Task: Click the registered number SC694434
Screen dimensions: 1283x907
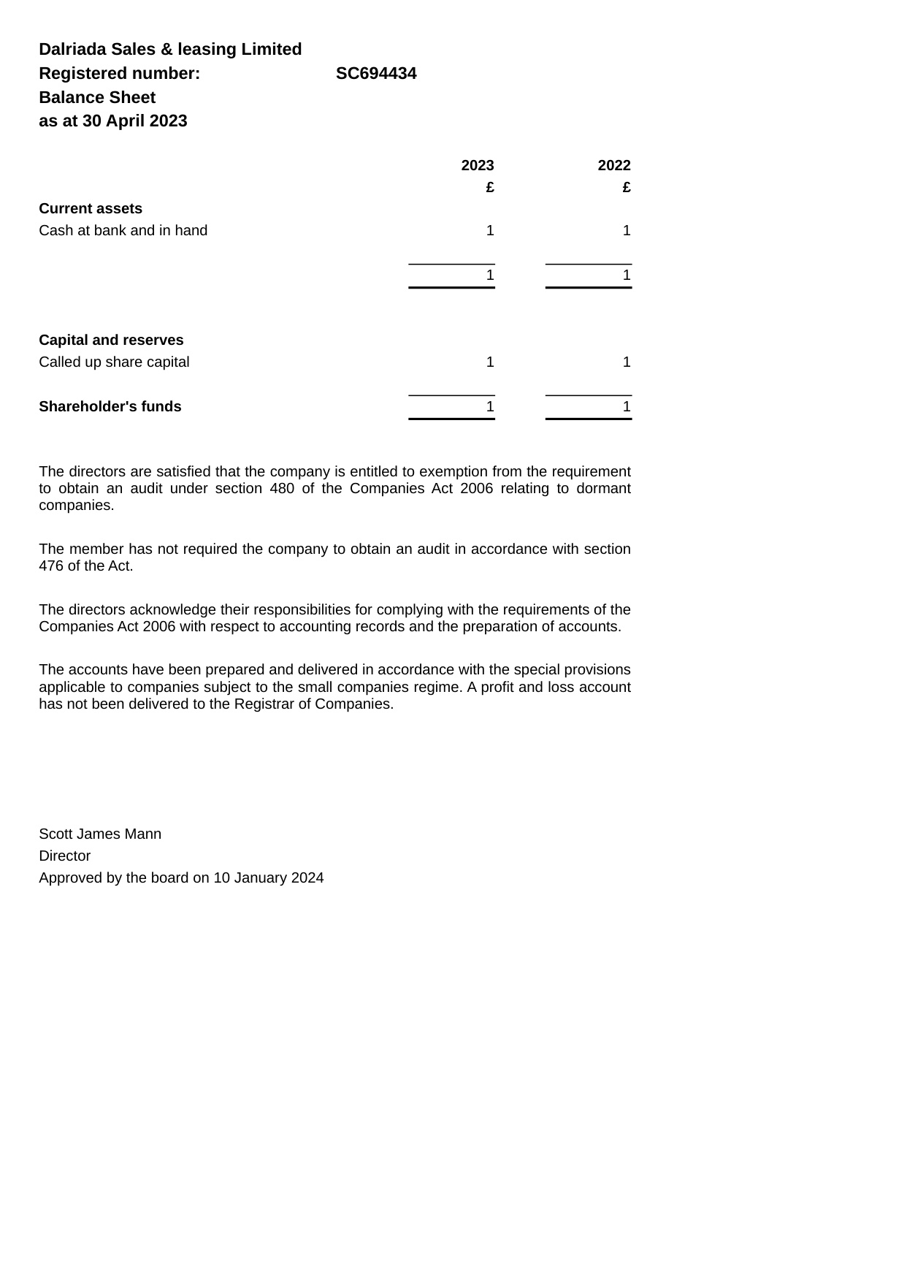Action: pyautogui.click(x=376, y=74)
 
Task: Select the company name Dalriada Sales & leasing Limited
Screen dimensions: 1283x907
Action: pyautogui.click(x=170, y=50)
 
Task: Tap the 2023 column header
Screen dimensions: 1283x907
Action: pyautogui.click(x=478, y=166)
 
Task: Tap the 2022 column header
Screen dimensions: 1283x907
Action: pyautogui.click(x=614, y=166)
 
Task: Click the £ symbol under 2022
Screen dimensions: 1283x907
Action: pyautogui.click(x=627, y=188)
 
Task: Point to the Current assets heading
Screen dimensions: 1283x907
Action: pyautogui.click(x=91, y=209)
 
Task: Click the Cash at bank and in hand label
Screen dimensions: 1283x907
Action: pyautogui.click(x=123, y=231)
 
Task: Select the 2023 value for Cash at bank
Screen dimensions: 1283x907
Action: pyautogui.click(x=490, y=231)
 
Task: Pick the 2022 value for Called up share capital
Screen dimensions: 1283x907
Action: pyautogui.click(x=627, y=362)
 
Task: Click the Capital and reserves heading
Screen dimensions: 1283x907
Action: pyautogui.click(x=111, y=340)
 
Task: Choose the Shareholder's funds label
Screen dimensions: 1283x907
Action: pyautogui.click(x=110, y=407)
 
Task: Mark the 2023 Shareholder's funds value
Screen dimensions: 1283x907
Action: pyautogui.click(x=490, y=407)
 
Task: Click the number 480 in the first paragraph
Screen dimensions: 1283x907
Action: pyautogui.click(x=282, y=489)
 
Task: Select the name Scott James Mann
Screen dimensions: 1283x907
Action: pyautogui.click(x=100, y=834)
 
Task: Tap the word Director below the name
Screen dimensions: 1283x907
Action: pyautogui.click(x=65, y=856)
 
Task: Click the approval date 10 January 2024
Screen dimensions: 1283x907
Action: pyautogui.click(x=269, y=878)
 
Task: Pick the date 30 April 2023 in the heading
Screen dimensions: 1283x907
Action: pyautogui.click(x=134, y=121)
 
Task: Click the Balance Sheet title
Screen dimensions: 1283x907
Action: pyautogui.click(x=97, y=98)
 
